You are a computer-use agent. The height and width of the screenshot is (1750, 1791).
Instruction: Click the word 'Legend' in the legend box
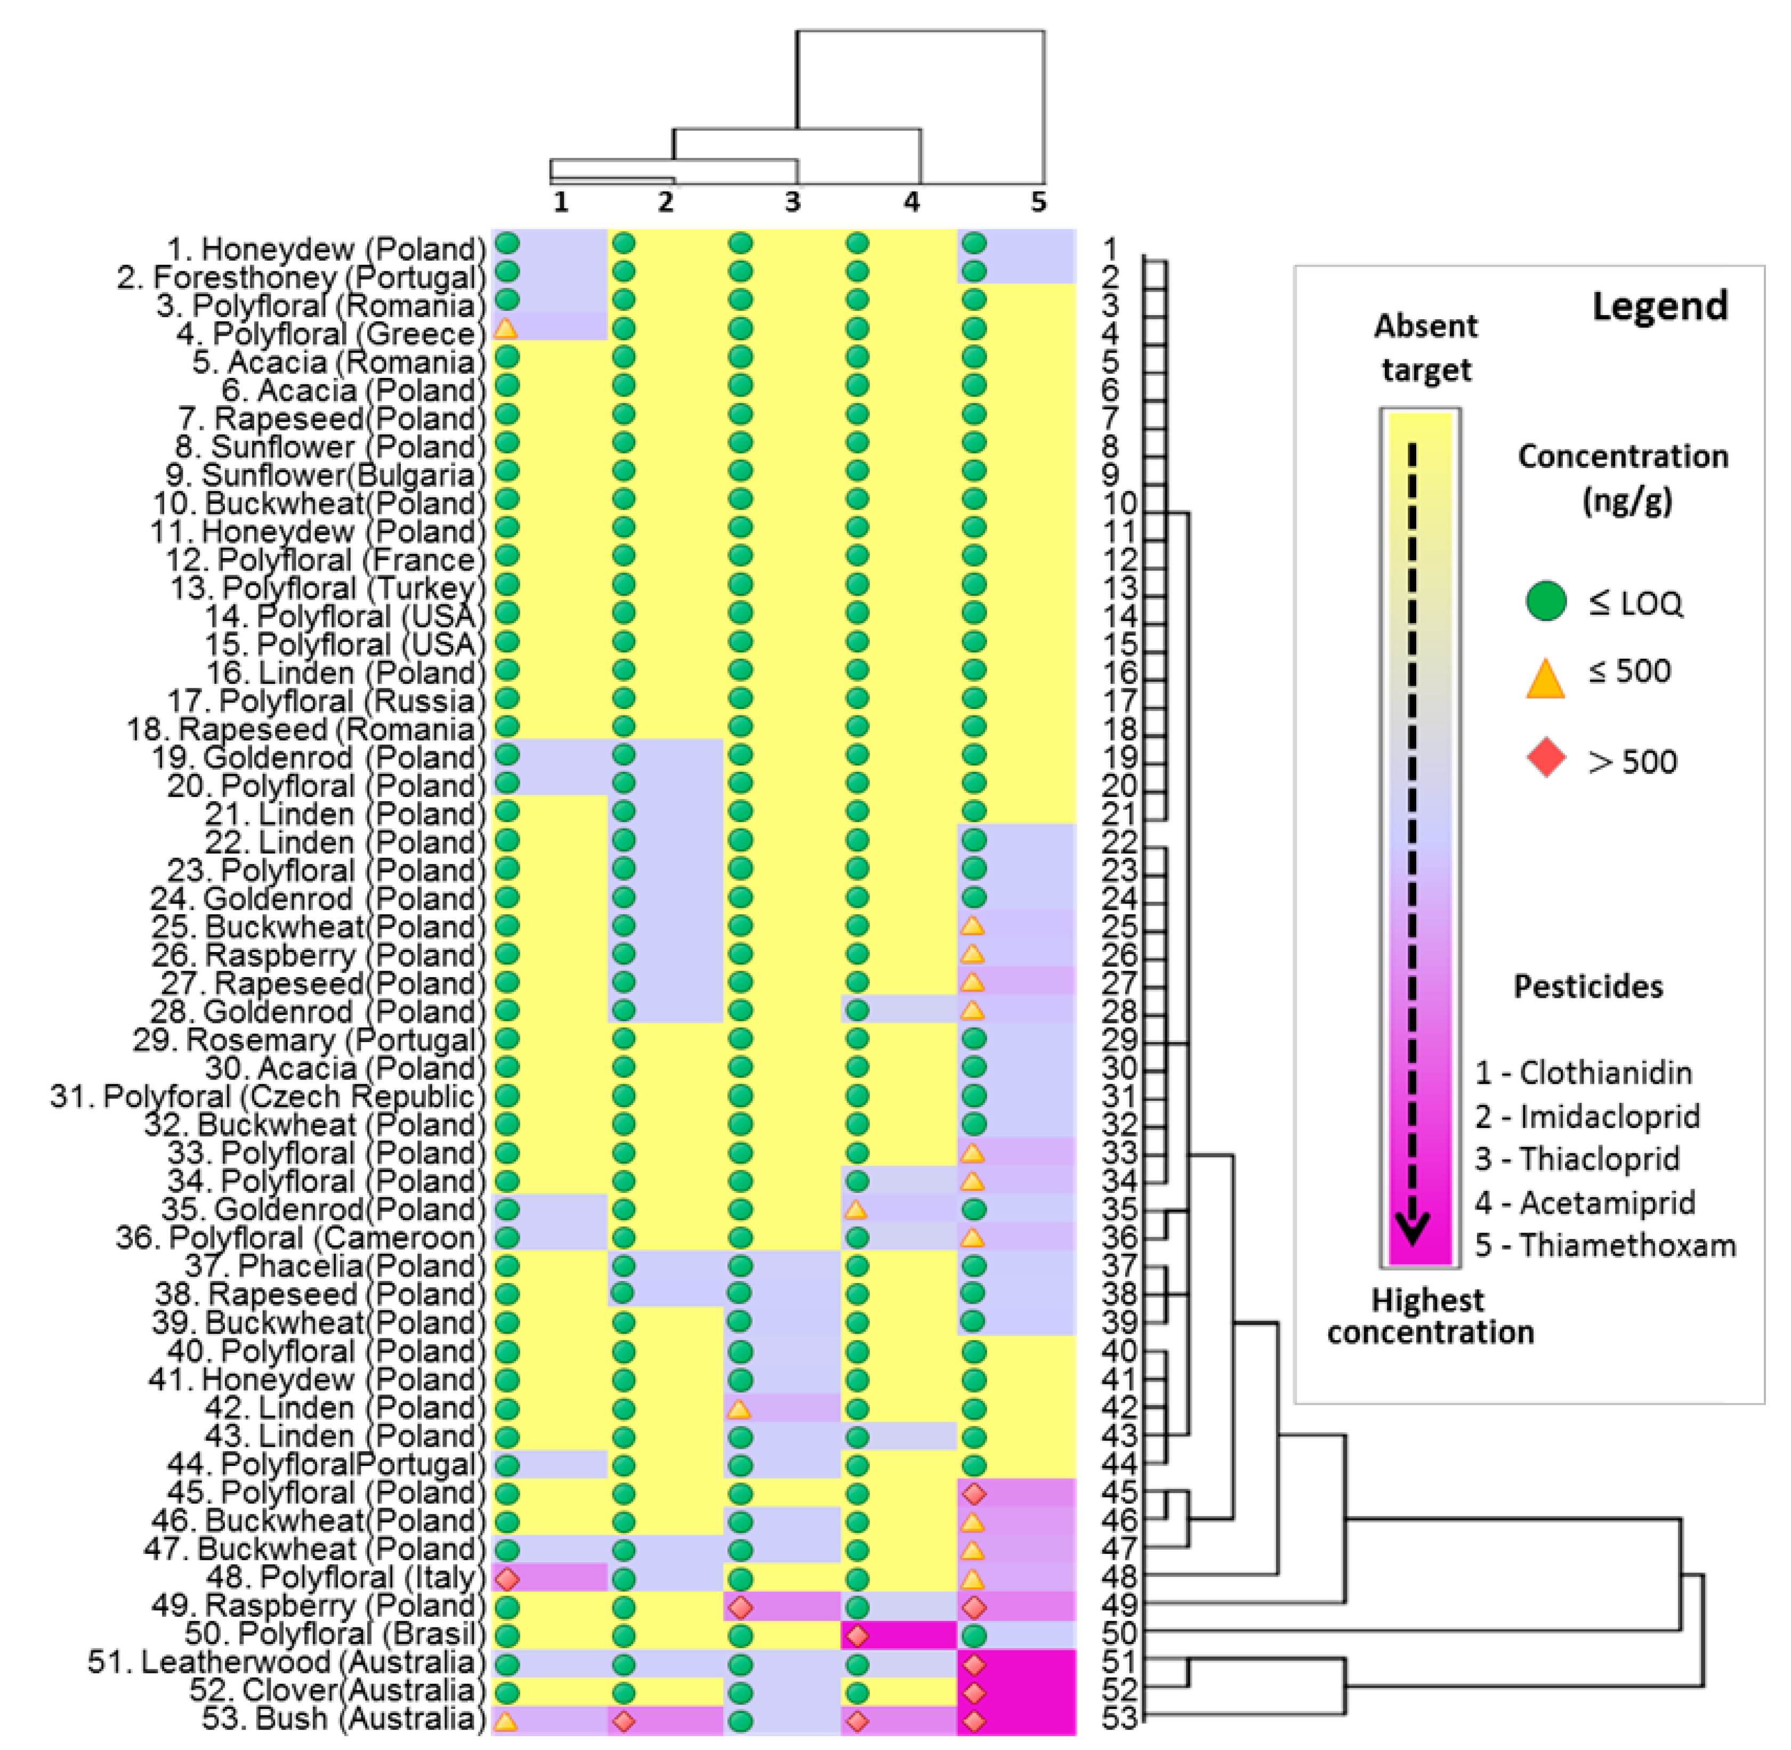1659,306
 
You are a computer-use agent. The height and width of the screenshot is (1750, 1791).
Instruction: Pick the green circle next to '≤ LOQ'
1546,602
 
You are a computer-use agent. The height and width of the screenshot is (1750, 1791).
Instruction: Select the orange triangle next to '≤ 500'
1546,679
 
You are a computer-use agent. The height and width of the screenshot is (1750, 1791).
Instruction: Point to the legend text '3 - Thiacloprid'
1577,1159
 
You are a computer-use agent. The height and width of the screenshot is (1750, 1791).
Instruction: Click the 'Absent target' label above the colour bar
1425,348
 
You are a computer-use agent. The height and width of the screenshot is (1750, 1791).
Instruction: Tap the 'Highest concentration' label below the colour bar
1429,1316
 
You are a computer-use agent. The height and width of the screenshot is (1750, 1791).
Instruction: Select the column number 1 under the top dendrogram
561,201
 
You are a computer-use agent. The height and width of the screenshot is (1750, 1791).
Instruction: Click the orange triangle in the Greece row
505,327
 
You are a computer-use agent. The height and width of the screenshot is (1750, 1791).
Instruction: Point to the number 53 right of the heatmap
1119,1718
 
